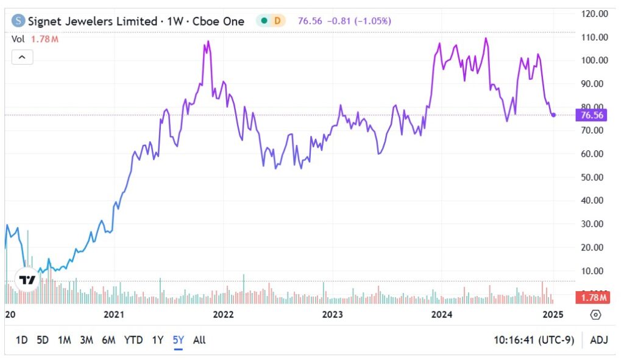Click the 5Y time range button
coord(178,340)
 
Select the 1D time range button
coord(21,340)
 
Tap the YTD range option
coord(133,340)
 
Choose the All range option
coord(199,340)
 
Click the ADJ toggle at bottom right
coord(599,340)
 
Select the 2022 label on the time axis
coord(223,314)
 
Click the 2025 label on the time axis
coord(553,314)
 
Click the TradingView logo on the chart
coord(27,280)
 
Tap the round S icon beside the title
coord(19,21)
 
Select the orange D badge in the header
coord(277,21)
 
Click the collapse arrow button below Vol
coord(22,58)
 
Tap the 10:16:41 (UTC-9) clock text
coord(534,340)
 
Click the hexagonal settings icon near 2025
coord(596,314)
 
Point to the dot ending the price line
coord(553,115)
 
